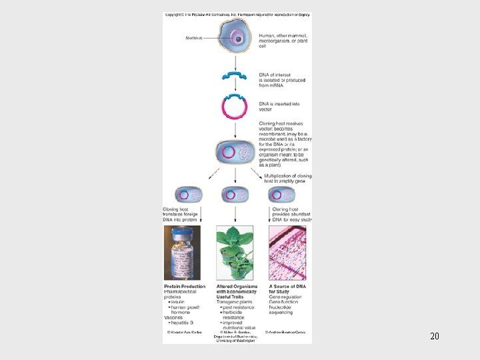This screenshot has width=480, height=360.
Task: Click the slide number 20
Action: [435, 336]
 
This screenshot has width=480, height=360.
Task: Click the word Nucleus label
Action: [195, 37]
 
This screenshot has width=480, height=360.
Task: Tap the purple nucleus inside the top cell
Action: [238, 39]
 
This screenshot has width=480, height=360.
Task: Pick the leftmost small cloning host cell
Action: [189, 195]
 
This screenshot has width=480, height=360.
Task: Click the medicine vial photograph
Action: [181, 253]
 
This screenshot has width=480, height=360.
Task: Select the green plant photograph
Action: [235, 253]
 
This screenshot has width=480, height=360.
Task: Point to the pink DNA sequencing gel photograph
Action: [287, 253]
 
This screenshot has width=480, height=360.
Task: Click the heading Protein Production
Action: [185, 287]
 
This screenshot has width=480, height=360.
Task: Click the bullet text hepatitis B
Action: [181, 322]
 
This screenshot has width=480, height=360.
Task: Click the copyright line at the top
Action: [237, 14]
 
